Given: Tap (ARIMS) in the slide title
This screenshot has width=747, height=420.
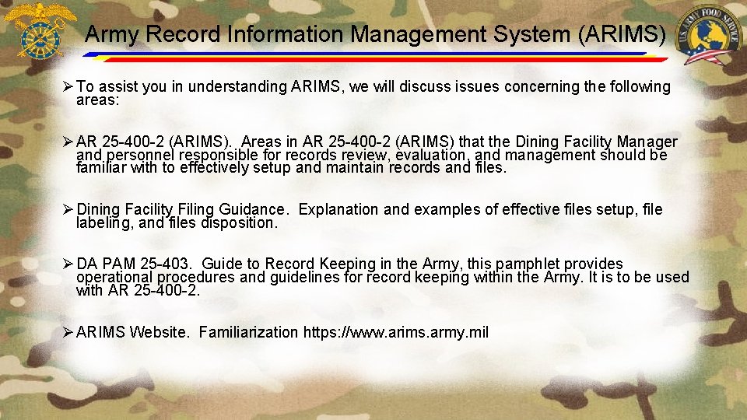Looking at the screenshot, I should point(626,34).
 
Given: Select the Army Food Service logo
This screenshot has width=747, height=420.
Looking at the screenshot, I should point(708,35).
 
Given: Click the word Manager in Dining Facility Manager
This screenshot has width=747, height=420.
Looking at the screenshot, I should point(647,142).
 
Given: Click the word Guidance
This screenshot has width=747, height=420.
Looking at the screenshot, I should point(252,209).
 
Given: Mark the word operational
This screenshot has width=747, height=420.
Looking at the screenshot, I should point(115,277).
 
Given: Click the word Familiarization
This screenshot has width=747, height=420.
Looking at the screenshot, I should point(248,332).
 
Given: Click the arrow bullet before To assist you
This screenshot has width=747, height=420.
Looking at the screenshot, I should point(68,87).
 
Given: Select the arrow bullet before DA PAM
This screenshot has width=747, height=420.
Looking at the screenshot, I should point(68,264).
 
